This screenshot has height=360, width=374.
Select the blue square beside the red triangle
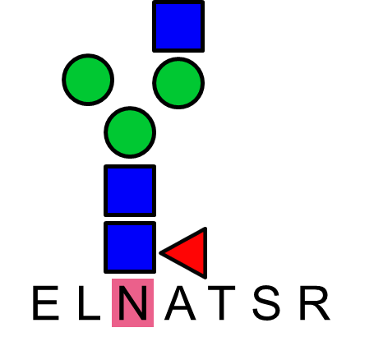pyautogui.click(x=130, y=247)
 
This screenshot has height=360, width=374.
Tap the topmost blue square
pyautogui.click(x=178, y=26)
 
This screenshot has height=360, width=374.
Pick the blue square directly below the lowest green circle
pyautogui.click(x=130, y=191)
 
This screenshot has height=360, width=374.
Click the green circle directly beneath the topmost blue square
pyautogui.click(x=178, y=83)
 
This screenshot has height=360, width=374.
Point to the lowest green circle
pyautogui.click(x=130, y=132)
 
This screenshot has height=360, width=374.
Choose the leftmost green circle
pyautogui.click(x=88, y=80)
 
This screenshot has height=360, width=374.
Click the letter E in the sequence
pyautogui.click(x=46, y=302)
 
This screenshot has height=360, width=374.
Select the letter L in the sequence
pyautogui.click(x=90, y=302)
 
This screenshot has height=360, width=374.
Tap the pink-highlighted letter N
pyautogui.click(x=132, y=302)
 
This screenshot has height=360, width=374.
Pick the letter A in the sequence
pyautogui.click(x=180, y=302)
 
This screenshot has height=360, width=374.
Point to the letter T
pyautogui.click(x=222, y=302)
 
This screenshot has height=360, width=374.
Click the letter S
pyautogui.click(x=266, y=302)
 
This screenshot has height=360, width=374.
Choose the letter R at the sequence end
pyautogui.click(x=315, y=302)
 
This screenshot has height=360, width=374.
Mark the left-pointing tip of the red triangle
pyautogui.click(x=160, y=253)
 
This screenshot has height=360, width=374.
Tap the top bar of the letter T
pyautogui.click(x=222, y=288)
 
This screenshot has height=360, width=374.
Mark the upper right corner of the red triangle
pyautogui.click(x=205, y=228)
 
